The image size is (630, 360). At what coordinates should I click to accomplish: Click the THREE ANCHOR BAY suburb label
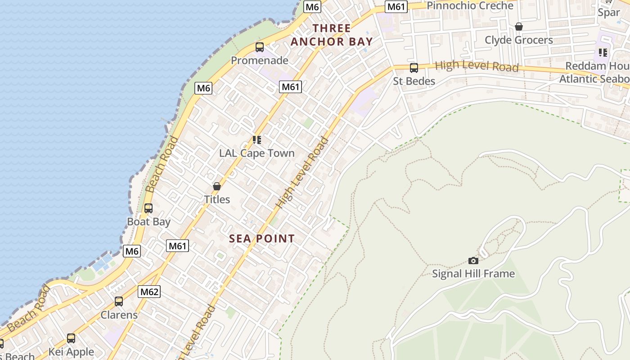tap(332, 35)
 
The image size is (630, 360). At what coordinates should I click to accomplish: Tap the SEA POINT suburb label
tap(262, 238)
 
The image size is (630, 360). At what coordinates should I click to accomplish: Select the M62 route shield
tap(149, 292)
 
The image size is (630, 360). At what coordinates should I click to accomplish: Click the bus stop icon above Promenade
tap(260, 47)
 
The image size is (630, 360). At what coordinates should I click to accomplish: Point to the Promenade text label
tap(260, 60)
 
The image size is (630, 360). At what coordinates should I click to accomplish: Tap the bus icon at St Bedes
tap(414, 68)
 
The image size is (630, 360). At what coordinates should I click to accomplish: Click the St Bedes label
tap(414, 81)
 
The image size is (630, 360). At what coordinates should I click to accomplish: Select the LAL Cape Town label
tap(257, 153)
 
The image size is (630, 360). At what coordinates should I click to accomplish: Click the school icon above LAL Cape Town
tap(257, 139)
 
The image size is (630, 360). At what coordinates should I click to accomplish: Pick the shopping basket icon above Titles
tap(217, 186)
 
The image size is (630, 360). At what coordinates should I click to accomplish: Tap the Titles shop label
tap(217, 199)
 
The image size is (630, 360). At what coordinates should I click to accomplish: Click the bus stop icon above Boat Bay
tap(148, 208)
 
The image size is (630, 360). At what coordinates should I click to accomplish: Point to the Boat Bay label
tap(148, 222)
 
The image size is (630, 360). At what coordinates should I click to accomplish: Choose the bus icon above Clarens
tap(119, 301)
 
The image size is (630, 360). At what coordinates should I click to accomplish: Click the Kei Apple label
tap(71, 352)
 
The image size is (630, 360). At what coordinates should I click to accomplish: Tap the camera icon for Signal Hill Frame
tap(473, 261)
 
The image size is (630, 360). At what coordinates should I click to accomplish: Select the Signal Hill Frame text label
tap(473, 274)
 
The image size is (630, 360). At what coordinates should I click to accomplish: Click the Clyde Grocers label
tap(518, 40)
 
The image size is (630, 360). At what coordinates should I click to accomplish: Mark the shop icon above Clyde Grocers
tap(519, 27)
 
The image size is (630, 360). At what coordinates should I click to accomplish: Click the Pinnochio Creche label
tap(470, 5)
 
